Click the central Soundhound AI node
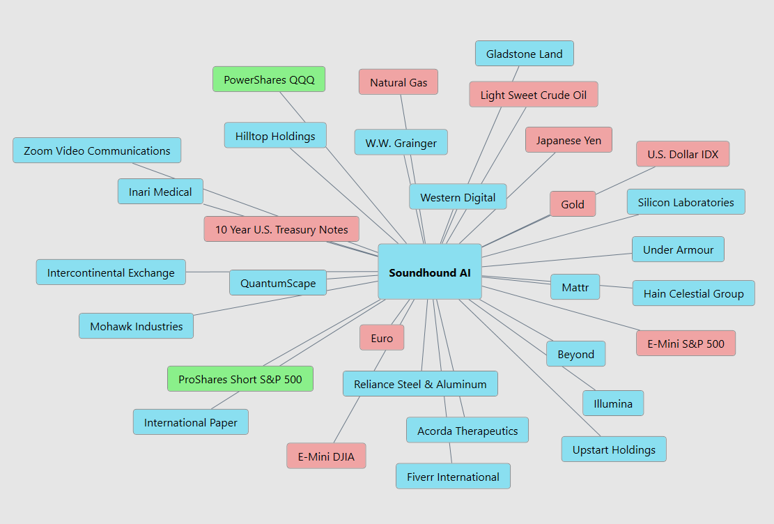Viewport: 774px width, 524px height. tap(429, 272)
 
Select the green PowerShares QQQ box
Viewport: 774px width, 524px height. tap(269, 79)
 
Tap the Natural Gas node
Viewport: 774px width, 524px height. tap(398, 82)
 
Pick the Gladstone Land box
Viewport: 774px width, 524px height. tap(524, 54)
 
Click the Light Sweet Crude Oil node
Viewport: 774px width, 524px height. tap(534, 95)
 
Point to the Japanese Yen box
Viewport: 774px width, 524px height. tap(568, 140)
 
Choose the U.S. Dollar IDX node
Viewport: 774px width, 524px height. tap(682, 154)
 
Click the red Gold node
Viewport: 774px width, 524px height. tap(573, 204)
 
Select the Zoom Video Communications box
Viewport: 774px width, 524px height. tap(97, 151)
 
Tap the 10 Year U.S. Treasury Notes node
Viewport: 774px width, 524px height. tap(281, 229)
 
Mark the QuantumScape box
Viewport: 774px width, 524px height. tap(278, 283)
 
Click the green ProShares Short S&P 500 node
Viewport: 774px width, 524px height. tap(240, 379)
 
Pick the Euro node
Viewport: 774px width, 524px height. tap(382, 338)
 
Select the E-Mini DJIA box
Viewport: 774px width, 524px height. tap(326, 456)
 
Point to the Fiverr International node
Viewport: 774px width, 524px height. tap(453, 477)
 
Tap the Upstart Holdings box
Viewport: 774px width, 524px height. tap(614, 449)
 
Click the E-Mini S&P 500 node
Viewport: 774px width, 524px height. tap(686, 344)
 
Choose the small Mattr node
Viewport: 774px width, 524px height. tap(575, 287)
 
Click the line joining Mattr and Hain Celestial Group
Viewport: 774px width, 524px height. tap(616, 286)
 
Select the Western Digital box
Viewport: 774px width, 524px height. tap(458, 197)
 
